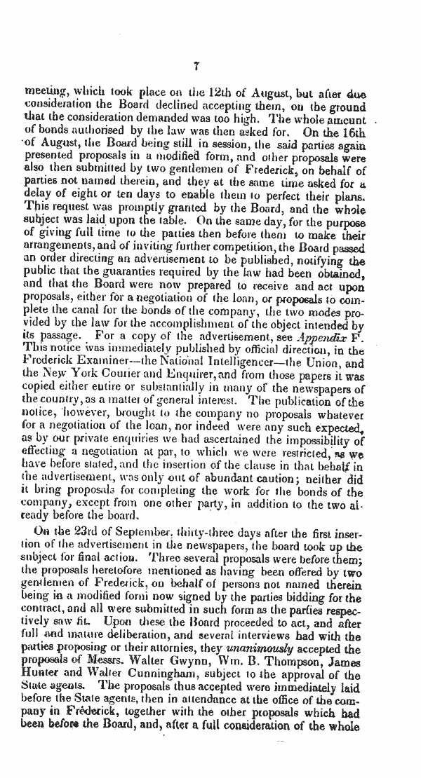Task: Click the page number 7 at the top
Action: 197,67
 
